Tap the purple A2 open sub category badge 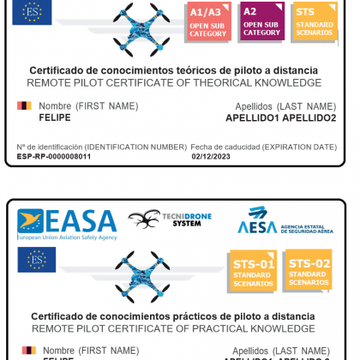coord(261,21)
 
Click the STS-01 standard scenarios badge coord(255,273)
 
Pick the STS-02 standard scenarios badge coord(308,271)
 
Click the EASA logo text coord(68,223)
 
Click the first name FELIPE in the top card coord(55,117)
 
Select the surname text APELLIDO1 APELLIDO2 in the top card coord(281,118)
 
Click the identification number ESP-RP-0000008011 coord(53,157)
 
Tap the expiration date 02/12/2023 coord(210,157)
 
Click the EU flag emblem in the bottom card coord(36,259)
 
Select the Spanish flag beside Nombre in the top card coord(24,105)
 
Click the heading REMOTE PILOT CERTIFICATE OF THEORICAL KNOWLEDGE coord(174,83)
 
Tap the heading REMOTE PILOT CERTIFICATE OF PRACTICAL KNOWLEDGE coord(174,328)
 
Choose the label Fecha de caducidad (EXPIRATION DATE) coord(263,147)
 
